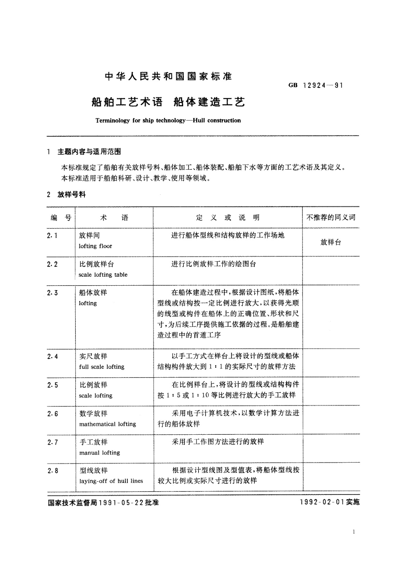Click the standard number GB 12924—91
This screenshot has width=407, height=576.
pyautogui.click(x=315, y=86)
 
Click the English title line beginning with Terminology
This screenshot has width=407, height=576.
pyautogui.click(x=168, y=120)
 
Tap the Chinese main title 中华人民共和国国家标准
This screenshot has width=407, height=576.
pyautogui.click(x=168, y=77)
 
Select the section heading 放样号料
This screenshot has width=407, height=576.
pyautogui.click(x=72, y=195)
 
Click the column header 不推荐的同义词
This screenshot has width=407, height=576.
pyautogui.click(x=330, y=218)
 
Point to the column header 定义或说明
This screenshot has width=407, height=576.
pyautogui.click(x=228, y=218)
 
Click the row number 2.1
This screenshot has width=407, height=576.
pyautogui.click(x=52, y=235)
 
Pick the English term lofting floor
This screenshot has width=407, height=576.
pyautogui.click(x=95, y=246)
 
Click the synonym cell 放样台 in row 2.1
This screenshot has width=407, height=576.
pyautogui.click(x=330, y=242)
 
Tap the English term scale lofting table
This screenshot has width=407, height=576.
pyautogui.click(x=103, y=275)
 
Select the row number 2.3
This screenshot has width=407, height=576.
pyautogui.click(x=52, y=293)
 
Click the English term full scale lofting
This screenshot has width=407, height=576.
pyautogui.click(x=102, y=367)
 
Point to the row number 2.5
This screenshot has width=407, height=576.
pyautogui.click(x=52, y=385)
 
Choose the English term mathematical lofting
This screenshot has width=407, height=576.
pyautogui.click(x=108, y=424)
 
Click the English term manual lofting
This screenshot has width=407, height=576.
pyautogui.click(x=99, y=453)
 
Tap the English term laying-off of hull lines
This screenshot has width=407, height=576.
pyautogui.click(x=111, y=481)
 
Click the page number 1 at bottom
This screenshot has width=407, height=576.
pyautogui.click(x=353, y=532)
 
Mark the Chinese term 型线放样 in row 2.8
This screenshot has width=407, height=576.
pyautogui.click(x=93, y=470)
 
